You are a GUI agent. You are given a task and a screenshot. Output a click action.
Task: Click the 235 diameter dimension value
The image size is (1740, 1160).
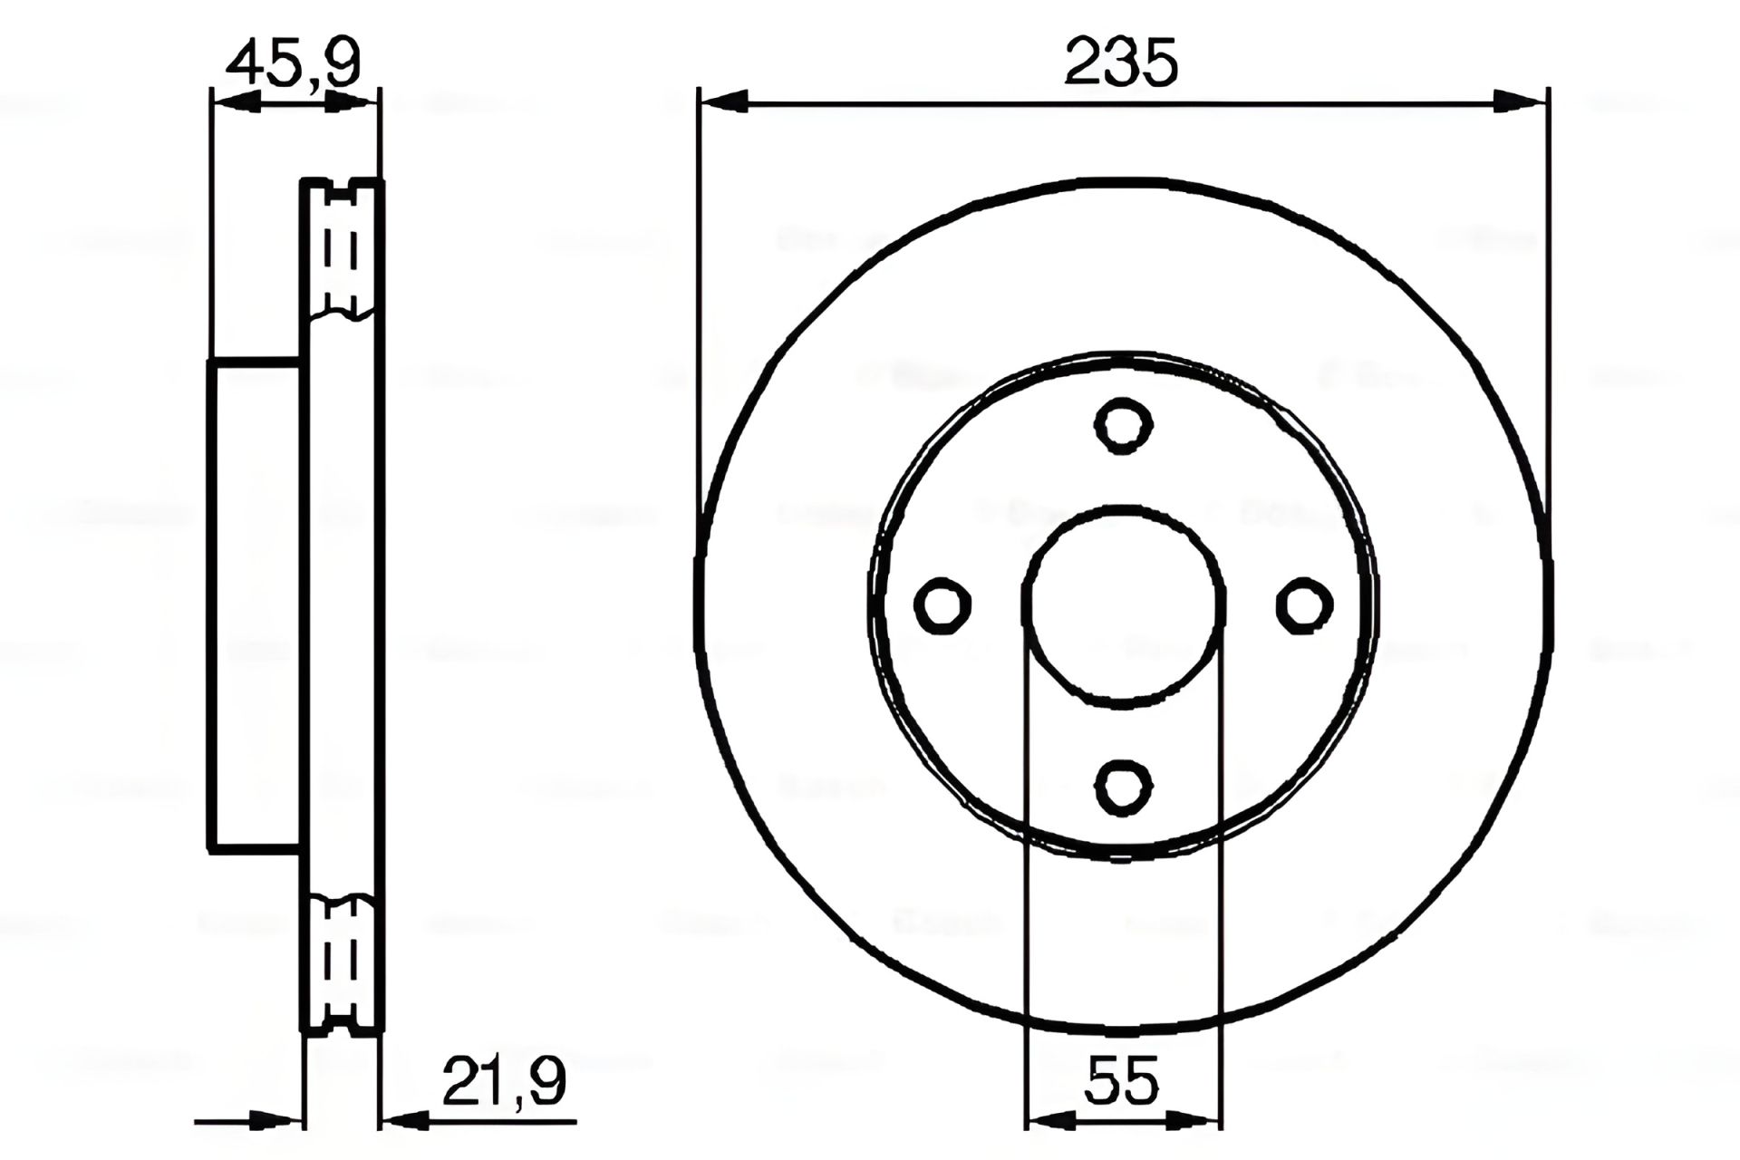point(1121,63)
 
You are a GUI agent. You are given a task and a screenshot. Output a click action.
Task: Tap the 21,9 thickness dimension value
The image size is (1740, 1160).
point(504,1081)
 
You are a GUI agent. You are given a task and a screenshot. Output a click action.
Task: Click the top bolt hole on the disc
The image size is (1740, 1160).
point(1123,424)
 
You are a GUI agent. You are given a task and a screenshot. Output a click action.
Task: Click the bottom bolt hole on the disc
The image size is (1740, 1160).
point(1123,787)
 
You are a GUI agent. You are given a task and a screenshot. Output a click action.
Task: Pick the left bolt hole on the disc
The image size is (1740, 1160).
point(942,605)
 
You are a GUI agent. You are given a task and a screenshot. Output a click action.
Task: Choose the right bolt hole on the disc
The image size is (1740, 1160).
point(1304,605)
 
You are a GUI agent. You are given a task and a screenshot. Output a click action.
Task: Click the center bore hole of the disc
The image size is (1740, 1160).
point(1123,605)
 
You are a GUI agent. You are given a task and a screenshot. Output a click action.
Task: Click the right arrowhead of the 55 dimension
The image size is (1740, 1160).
point(1196,1121)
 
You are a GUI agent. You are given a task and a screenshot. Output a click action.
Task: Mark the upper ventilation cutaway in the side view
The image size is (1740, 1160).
point(342,249)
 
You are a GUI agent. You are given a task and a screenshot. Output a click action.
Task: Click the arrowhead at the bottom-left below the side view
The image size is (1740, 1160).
point(276,1121)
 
